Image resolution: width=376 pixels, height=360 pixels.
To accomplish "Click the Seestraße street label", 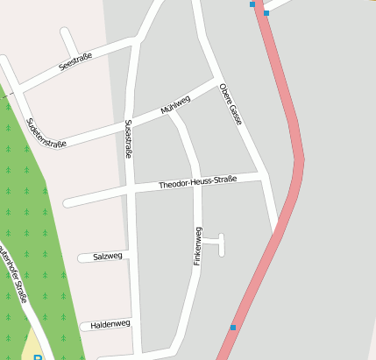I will click(x=75, y=62).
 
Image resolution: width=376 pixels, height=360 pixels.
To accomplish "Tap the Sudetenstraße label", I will click(x=46, y=133).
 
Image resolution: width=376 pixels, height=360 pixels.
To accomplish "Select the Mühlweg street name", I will click(x=175, y=105).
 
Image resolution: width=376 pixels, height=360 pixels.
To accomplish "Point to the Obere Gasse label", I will click(x=230, y=104).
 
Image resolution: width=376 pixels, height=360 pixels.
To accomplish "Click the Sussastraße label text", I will click(x=129, y=138).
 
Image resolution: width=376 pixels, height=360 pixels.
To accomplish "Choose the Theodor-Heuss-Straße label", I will click(x=198, y=184).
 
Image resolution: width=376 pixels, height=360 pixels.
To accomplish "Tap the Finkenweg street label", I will click(x=197, y=247).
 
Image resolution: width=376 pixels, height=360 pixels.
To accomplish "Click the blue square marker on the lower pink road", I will click(x=233, y=328).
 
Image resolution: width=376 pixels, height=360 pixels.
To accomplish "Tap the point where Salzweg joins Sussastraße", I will click(x=131, y=256).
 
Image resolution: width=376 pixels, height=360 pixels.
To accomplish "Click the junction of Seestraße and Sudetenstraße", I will click(x=20, y=90).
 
